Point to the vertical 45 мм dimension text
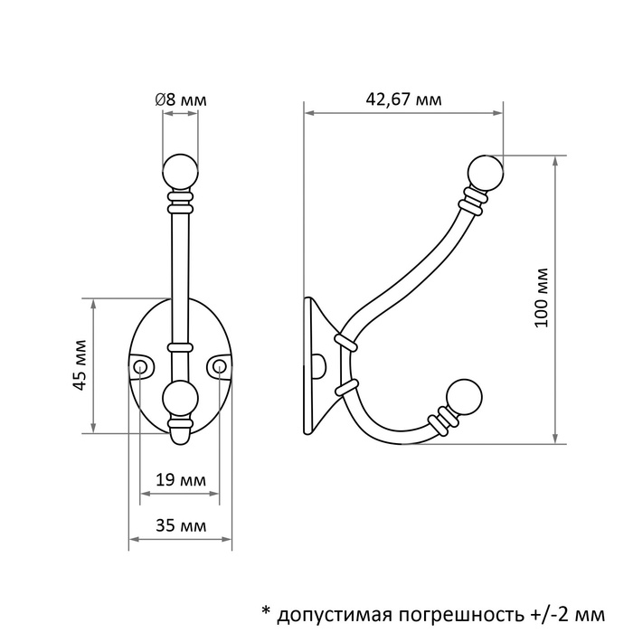tap(80, 365)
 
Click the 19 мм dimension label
tap(179, 478)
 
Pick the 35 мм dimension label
tap(179, 525)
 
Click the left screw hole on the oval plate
tap(140, 365)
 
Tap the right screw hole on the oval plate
tap(220, 365)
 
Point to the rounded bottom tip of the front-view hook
tap(180, 437)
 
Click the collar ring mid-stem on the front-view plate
tap(180, 345)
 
